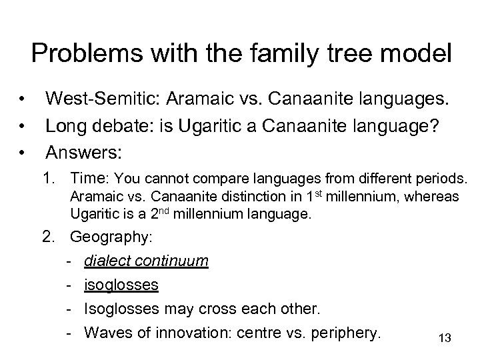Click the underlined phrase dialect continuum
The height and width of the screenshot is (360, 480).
point(146,261)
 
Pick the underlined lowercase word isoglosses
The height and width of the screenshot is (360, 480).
point(121,285)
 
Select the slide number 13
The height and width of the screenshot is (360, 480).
point(445,339)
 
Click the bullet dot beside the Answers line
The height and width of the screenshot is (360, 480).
point(23,152)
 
